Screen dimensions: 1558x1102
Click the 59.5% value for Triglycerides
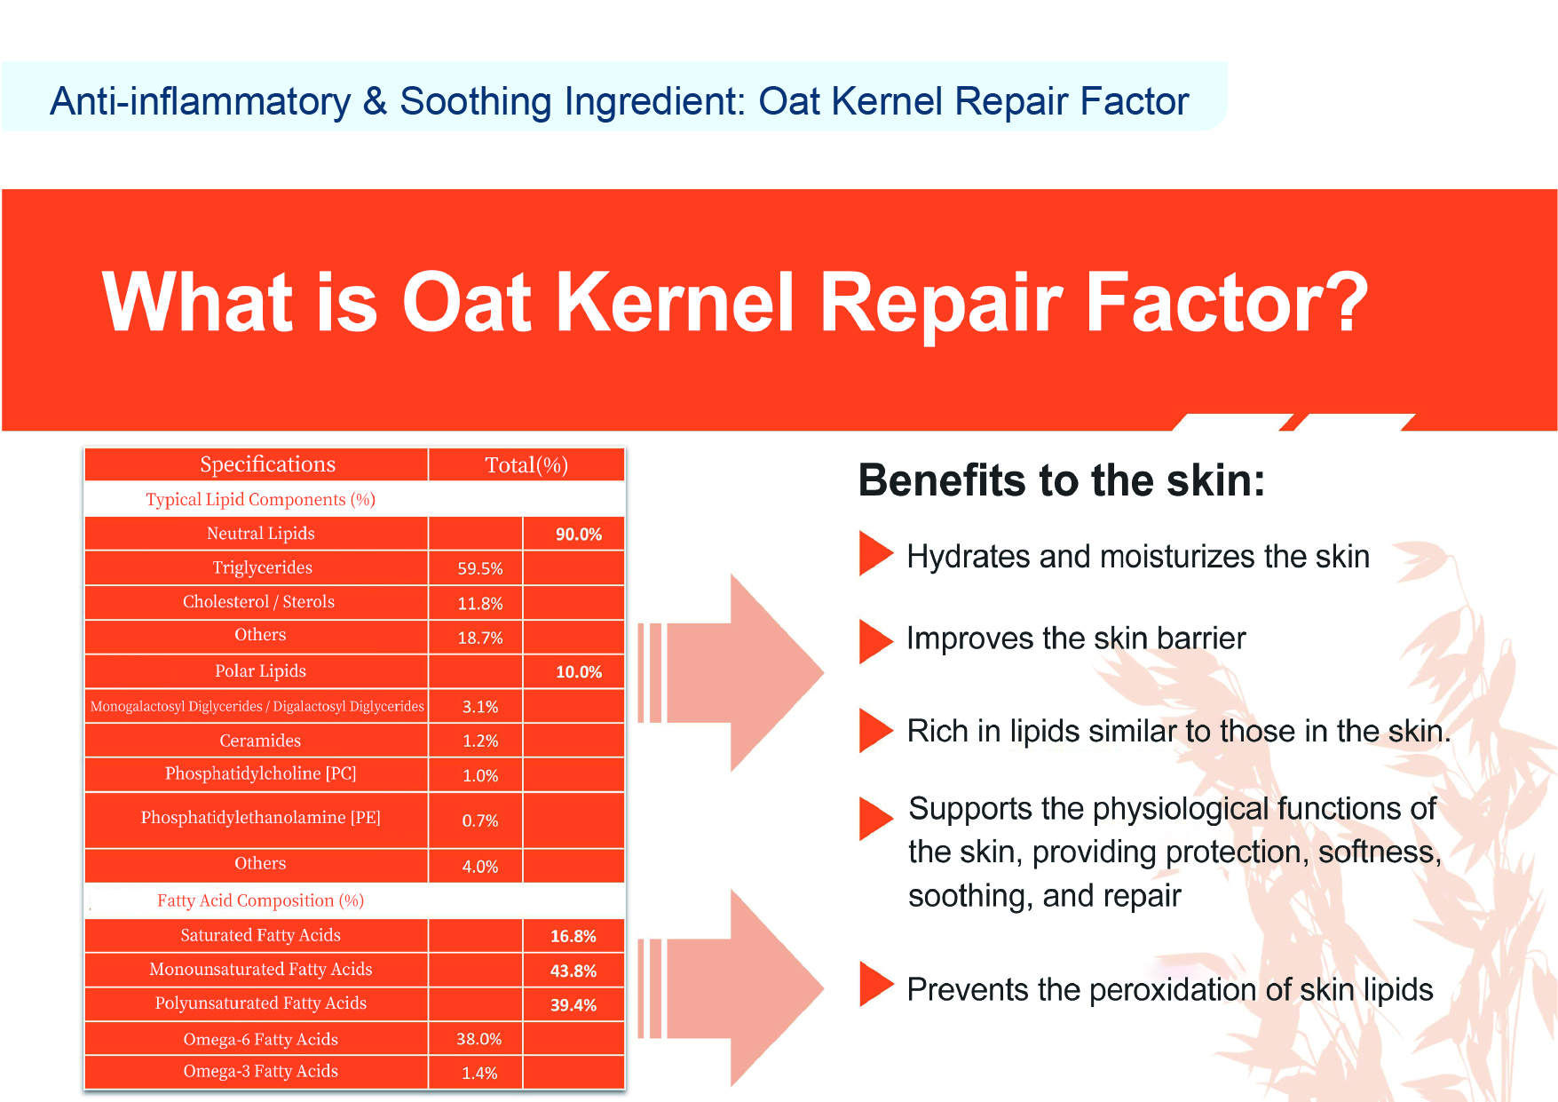[x=480, y=568]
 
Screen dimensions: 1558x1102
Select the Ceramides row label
[x=260, y=741]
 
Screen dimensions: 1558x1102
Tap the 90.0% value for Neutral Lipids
[x=579, y=534]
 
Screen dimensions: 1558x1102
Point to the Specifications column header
[x=267, y=464]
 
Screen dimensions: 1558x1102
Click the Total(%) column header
[x=526, y=465]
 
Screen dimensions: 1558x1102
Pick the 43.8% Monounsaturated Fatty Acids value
[x=573, y=971]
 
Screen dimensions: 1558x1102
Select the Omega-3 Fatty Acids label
[x=260, y=1071]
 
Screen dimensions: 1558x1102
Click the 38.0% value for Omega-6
[x=479, y=1039]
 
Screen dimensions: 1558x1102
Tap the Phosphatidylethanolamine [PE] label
[x=260, y=817]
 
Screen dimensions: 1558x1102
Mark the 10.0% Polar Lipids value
[x=579, y=672]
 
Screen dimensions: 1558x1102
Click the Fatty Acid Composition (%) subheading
[x=260, y=900]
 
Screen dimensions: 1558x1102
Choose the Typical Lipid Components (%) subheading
[x=260, y=499]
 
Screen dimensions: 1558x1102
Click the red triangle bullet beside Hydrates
[x=875, y=553]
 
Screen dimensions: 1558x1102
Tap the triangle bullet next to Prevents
[x=876, y=985]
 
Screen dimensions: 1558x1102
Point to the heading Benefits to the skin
[x=1061, y=480]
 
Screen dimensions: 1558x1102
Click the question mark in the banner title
[x=1342, y=302]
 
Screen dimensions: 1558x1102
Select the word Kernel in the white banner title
[x=675, y=302]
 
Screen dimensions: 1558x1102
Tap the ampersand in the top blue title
[x=375, y=101]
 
